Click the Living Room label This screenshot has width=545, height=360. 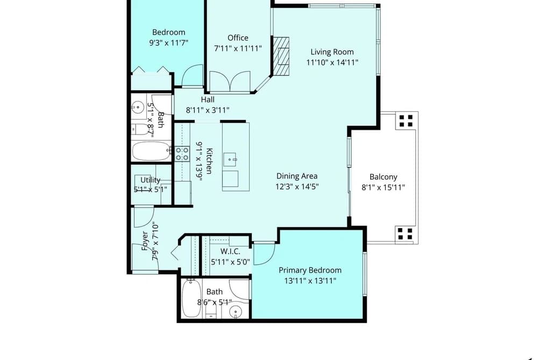coord(332,52)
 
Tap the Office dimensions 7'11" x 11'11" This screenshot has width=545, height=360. coord(238,48)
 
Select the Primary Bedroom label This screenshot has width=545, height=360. coord(310,270)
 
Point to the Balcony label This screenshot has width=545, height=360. coord(383,177)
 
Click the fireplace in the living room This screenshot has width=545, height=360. coord(281,57)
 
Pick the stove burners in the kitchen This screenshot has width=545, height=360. coord(182,153)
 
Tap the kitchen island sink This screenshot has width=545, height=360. coord(231,159)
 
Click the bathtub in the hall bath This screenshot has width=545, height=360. coord(152,151)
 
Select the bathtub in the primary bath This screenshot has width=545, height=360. coord(191,298)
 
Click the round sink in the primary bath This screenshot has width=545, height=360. coord(236,312)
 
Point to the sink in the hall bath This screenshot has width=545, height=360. coord(138,107)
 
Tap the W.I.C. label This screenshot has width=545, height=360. coord(230,252)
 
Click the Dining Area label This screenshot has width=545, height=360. coord(297,176)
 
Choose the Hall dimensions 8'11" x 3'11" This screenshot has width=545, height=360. coord(208,110)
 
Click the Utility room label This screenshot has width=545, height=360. coord(150,180)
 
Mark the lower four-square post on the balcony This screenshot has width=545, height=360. coord(405,234)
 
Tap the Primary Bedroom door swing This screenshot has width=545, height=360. coord(264,253)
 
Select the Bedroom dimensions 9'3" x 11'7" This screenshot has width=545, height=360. coord(168,43)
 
